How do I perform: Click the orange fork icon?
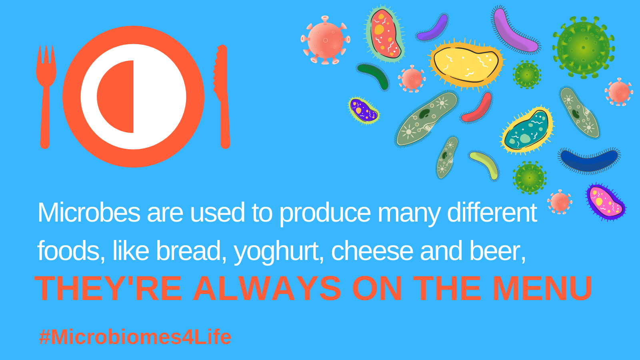coord(45,97)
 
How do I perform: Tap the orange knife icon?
coord(223,97)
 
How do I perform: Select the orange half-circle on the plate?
coord(116,96)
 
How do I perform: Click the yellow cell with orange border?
coord(466,64)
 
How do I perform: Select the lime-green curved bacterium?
coord(485,165)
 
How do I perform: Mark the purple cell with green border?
coord(364,110)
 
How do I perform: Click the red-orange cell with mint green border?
coord(385,34)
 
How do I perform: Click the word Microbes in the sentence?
coord(89,212)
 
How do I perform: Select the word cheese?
coord(372,251)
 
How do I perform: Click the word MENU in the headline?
coord(543,288)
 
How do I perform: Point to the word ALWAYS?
coord(267,288)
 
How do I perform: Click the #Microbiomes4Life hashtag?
coord(135,337)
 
